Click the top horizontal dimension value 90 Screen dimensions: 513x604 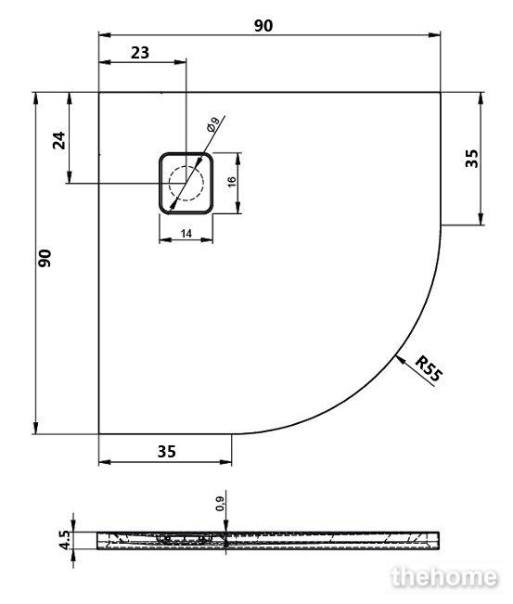(x=263, y=25)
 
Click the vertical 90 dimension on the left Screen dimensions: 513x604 (x=45, y=259)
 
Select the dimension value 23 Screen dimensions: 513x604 (x=140, y=52)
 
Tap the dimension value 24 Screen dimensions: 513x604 (x=59, y=140)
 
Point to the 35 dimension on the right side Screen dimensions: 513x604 (x=471, y=159)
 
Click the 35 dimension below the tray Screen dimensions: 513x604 (x=167, y=452)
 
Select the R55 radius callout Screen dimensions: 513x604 (x=430, y=369)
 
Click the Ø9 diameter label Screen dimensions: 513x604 (x=213, y=124)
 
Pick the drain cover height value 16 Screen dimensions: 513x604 (x=232, y=182)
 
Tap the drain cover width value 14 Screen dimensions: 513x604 (x=186, y=234)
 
